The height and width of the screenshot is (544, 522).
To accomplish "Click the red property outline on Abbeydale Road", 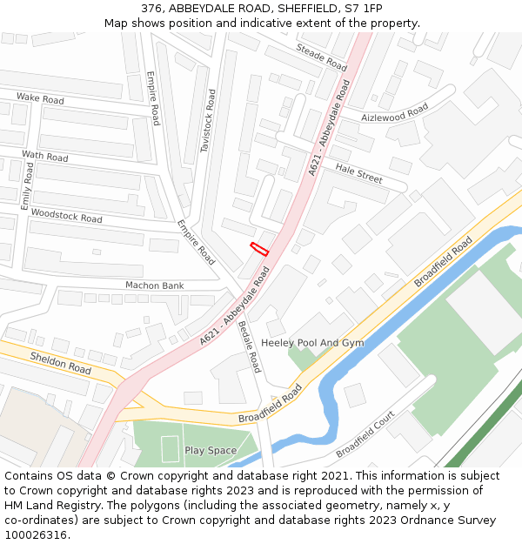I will click(259, 248).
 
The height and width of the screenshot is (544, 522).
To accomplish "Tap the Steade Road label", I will click(321, 57).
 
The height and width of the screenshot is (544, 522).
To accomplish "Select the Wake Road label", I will click(40, 99).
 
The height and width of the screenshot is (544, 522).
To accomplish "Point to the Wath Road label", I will click(44, 157).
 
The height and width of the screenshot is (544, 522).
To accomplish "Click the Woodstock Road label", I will click(66, 215).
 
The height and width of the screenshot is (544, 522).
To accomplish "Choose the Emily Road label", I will click(26, 185).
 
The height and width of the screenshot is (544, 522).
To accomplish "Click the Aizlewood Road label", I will click(395, 114).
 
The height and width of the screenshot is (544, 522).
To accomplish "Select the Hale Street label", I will click(358, 173).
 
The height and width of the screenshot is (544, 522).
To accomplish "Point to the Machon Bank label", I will click(155, 285).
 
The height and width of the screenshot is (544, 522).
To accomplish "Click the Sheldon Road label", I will click(61, 363).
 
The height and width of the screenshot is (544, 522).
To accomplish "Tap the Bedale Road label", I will click(250, 346).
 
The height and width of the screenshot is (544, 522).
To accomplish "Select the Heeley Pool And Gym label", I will click(312, 343).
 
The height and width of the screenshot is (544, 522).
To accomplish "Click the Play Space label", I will click(211, 451).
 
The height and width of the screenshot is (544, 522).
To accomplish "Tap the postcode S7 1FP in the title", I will click(362, 8).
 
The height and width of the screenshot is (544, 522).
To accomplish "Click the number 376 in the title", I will click(152, 8).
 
